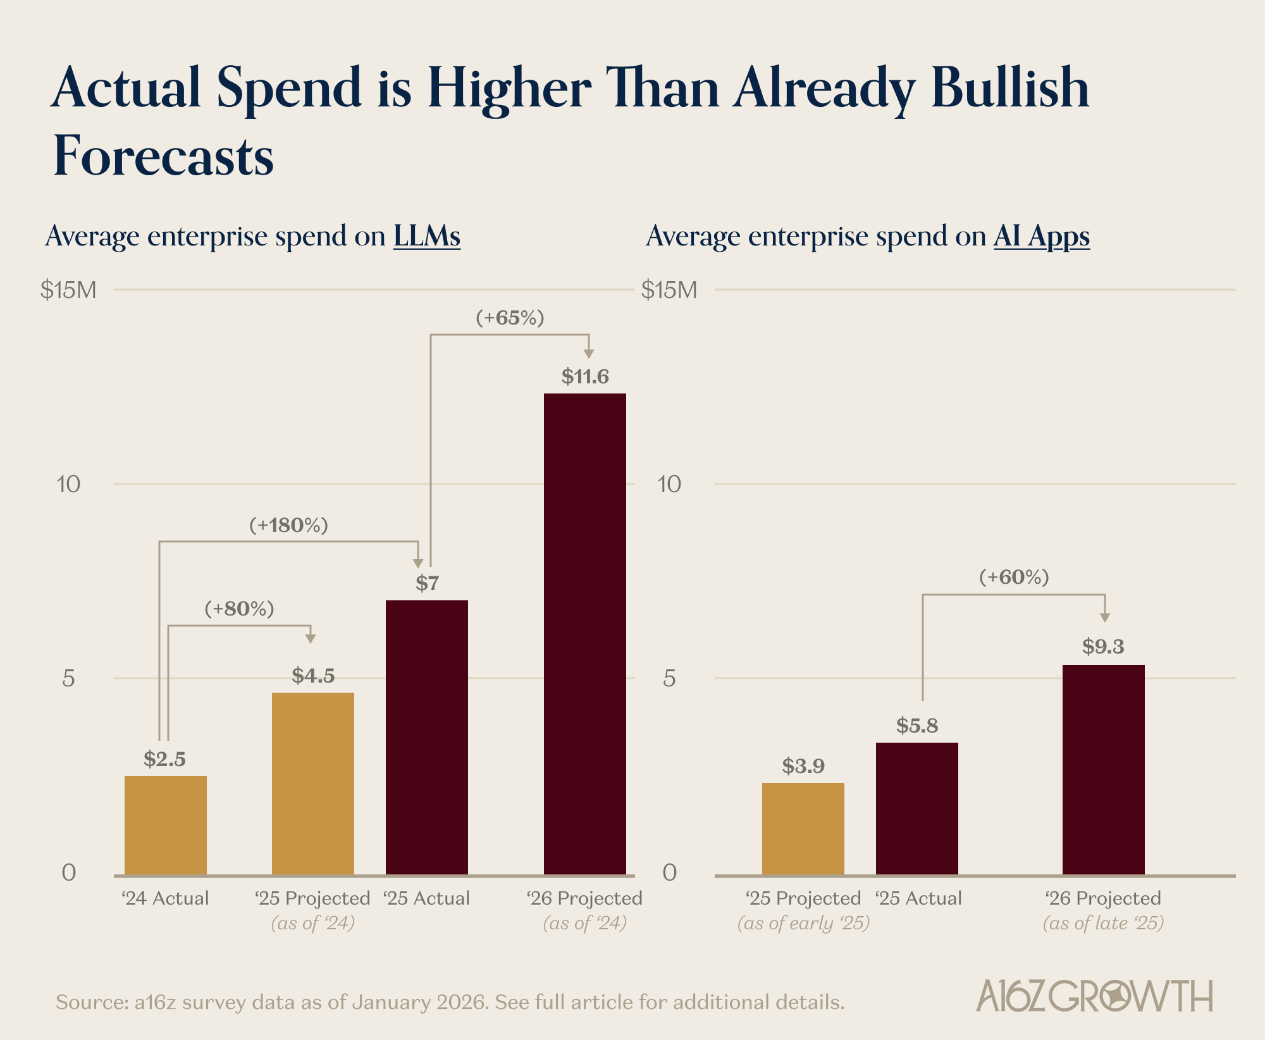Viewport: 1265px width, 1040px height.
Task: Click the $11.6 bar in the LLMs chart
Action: pos(584,633)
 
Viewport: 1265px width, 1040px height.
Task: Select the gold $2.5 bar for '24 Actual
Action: pos(165,825)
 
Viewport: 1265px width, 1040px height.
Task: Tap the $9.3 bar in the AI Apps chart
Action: pos(1103,769)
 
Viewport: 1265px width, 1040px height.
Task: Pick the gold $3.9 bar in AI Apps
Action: pos(803,829)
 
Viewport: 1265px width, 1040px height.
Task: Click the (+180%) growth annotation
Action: pos(288,525)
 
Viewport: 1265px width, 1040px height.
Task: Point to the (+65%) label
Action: pos(510,318)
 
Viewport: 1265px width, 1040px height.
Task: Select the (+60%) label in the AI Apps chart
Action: pos(1014,577)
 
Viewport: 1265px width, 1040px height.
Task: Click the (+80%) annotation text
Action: pos(239,609)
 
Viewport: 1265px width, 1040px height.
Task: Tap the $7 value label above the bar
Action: pos(427,583)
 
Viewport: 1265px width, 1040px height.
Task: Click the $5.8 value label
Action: pos(916,726)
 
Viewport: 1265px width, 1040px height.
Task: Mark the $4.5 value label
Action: pos(313,676)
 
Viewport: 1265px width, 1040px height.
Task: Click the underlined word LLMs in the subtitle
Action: pos(426,236)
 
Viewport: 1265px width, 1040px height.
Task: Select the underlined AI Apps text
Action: pos(1041,236)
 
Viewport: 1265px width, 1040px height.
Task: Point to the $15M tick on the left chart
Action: pos(68,290)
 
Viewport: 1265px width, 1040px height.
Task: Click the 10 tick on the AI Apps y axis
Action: pos(669,485)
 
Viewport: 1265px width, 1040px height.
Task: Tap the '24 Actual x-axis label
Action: pos(165,898)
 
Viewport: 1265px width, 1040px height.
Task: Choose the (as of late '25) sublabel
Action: pos(1103,923)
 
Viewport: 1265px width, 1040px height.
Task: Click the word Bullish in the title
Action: pos(1009,89)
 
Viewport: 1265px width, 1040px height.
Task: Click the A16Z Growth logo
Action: pos(1094,996)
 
